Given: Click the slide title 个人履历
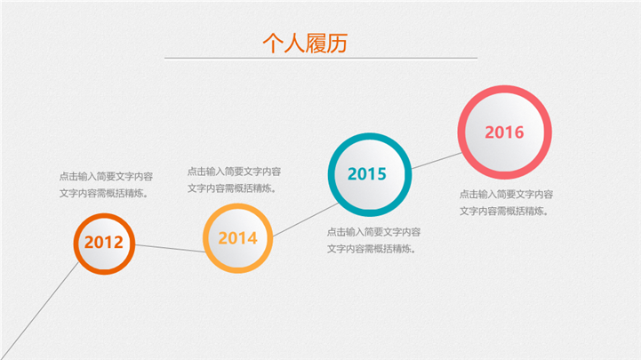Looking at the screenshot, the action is pos(305,44).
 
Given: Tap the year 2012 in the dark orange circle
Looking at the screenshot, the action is pos(104,243).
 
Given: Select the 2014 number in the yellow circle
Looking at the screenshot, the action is pos(238,238).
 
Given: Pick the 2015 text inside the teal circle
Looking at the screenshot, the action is pos(367,174).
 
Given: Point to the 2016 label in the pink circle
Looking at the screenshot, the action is pos(504,132).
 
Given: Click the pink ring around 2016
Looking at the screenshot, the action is pos(461,132).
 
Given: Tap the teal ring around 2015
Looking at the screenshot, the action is pos(332,174).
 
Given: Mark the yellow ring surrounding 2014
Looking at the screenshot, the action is pos(205,238).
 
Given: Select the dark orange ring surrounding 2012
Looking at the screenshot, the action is pos(76,244).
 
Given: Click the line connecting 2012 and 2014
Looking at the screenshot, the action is pos(170,249).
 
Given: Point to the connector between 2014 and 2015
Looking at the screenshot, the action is pos(305,220).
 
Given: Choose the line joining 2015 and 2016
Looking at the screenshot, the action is pos(437,161).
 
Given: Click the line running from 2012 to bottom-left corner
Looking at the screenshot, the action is pos(39,311).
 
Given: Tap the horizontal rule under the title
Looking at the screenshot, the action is pos(321,59).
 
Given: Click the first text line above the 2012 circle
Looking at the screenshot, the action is pos(106,177).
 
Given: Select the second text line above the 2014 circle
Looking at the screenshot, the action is pos(232,188).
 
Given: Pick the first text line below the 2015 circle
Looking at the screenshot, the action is pos(373,232).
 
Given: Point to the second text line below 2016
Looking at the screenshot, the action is pos(503,212).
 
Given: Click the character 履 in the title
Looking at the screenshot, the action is pos(316,44).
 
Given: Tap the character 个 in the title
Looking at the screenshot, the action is pos(273,44).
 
